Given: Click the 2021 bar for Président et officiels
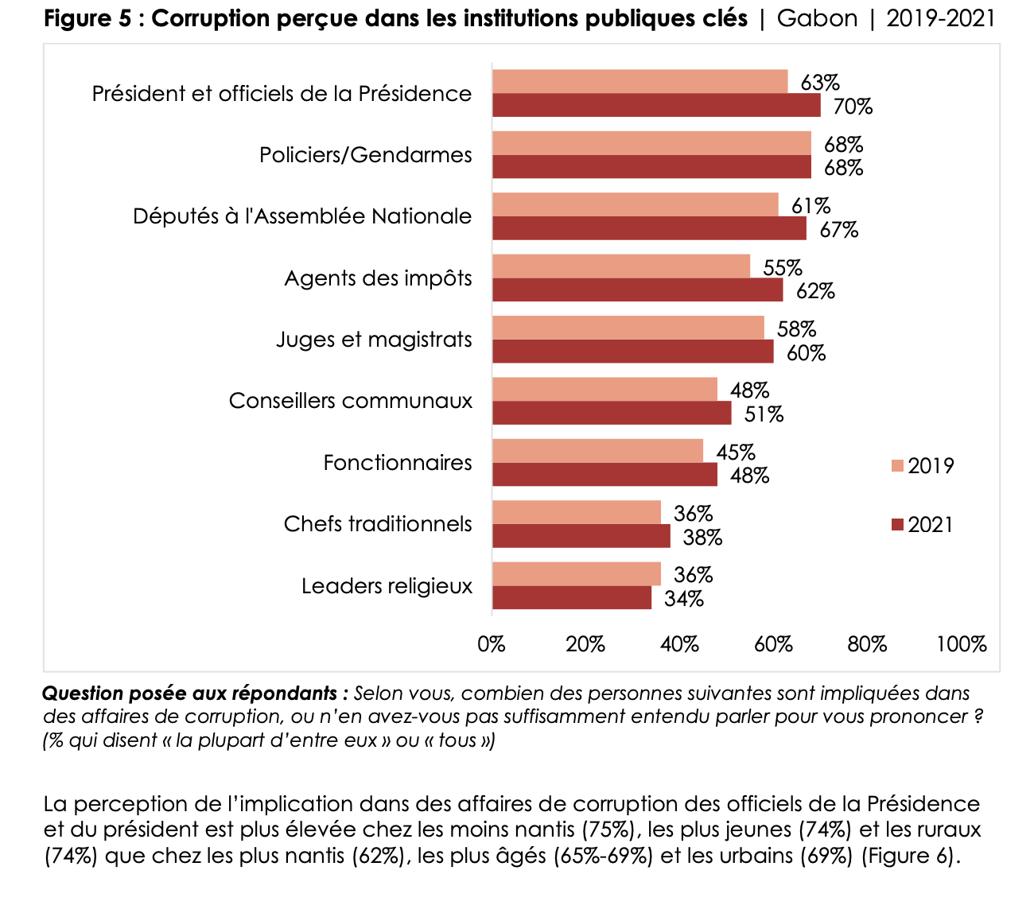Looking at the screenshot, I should tap(656, 106).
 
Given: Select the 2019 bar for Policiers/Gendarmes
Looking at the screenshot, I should tap(651, 143).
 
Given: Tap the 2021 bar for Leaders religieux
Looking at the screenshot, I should tap(572, 598).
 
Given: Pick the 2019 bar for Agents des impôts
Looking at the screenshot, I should tap(621, 266).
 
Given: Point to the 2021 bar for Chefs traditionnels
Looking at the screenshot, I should tap(581, 537).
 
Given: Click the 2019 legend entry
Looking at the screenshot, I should tap(923, 466).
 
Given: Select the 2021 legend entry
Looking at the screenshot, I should tap(923, 525).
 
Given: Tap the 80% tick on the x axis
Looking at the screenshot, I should tap(867, 644).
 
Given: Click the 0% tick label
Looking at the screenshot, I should tap(492, 644).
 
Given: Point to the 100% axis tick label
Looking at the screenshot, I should tap(961, 644).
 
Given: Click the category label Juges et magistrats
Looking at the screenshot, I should tap(374, 340).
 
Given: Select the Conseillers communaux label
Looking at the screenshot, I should tap(351, 401).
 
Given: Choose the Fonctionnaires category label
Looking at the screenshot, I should tap(398, 463).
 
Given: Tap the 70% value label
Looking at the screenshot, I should tap(853, 107).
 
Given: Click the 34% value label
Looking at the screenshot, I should tap(684, 599).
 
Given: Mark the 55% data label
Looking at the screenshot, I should tap(783, 268).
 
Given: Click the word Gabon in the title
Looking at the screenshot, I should tap(817, 19).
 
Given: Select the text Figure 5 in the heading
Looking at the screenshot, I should tap(87, 19).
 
